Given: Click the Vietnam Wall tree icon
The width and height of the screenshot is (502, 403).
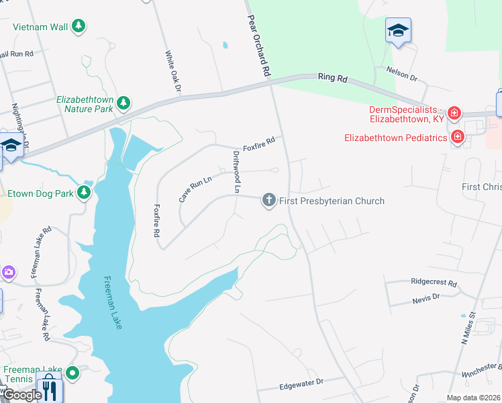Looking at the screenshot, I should point(79,26).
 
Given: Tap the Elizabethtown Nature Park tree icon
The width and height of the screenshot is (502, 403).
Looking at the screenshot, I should point(123,103).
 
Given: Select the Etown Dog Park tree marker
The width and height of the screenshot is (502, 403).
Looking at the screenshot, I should point(84,193).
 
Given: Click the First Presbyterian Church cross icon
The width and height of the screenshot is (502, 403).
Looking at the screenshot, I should point(268,200).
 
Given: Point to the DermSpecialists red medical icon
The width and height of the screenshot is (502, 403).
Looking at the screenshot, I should point(454,113).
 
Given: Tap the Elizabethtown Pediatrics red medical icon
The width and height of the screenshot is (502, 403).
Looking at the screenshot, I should point(458,138).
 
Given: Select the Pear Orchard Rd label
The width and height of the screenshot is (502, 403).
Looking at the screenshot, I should point(259,46).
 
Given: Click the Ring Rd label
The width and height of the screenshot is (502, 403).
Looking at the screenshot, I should point(333,79).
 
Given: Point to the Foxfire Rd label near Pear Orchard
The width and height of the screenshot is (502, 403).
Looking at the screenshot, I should point(259,143).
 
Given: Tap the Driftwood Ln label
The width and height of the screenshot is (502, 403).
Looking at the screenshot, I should point(236,172).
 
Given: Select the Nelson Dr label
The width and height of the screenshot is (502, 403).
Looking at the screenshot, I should point(401,73).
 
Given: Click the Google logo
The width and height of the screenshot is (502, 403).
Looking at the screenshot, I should point(22,395).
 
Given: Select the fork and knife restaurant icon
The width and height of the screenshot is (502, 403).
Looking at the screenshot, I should point(49,390).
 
